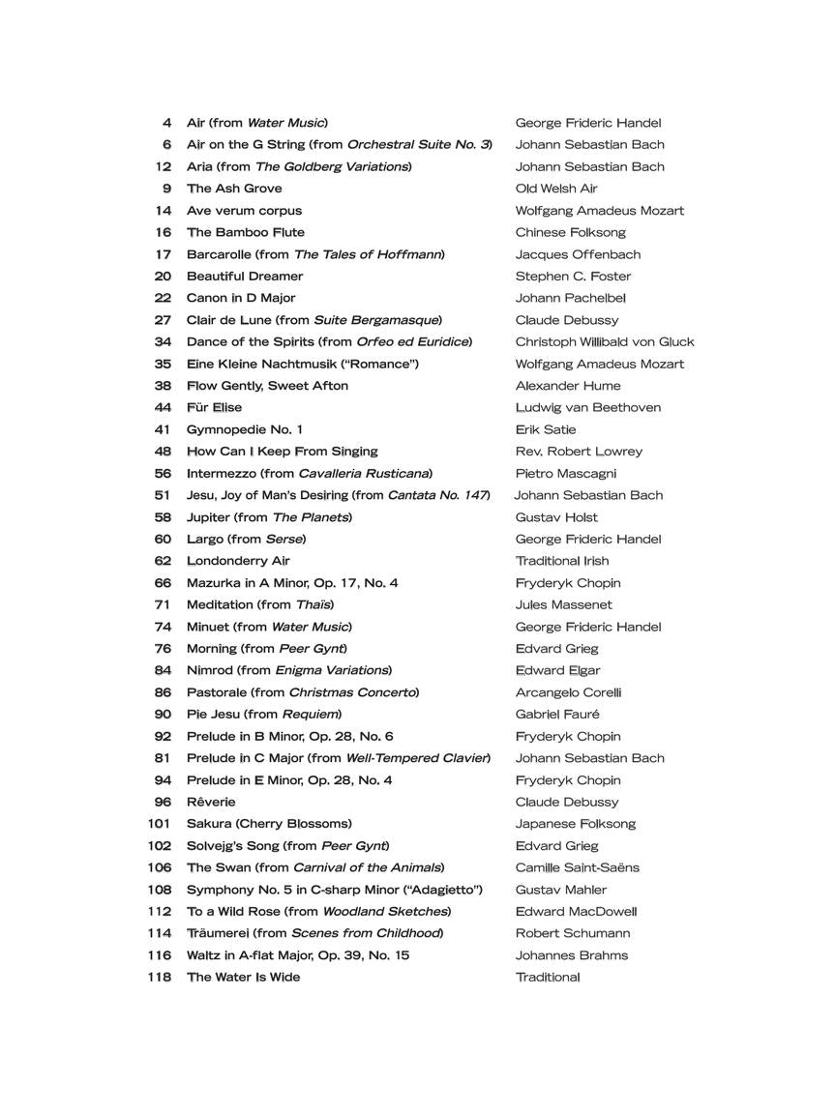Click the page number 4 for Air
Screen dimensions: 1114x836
click(x=167, y=123)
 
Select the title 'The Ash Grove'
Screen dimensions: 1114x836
click(x=234, y=189)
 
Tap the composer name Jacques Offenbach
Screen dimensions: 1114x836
click(x=578, y=254)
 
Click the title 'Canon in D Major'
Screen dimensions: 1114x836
click(x=241, y=298)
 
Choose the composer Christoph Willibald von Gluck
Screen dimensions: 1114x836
click(x=604, y=341)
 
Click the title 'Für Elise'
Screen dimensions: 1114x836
click(x=214, y=407)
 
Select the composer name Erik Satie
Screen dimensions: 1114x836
click(x=545, y=429)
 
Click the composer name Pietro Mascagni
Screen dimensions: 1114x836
click(x=565, y=473)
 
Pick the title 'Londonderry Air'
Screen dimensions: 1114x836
click(x=238, y=561)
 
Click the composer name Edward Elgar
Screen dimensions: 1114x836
click(x=557, y=670)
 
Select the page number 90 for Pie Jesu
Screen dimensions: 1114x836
click(x=163, y=715)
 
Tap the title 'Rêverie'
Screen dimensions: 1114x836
click(x=211, y=802)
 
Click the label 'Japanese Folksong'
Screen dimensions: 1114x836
click(x=575, y=824)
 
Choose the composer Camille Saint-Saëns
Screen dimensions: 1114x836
click(x=577, y=867)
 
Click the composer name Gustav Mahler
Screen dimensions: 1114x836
click(x=561, y=890)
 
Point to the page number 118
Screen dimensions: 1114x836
click(x=160, y=977)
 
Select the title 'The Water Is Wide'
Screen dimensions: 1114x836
click(x=243, y=977)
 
